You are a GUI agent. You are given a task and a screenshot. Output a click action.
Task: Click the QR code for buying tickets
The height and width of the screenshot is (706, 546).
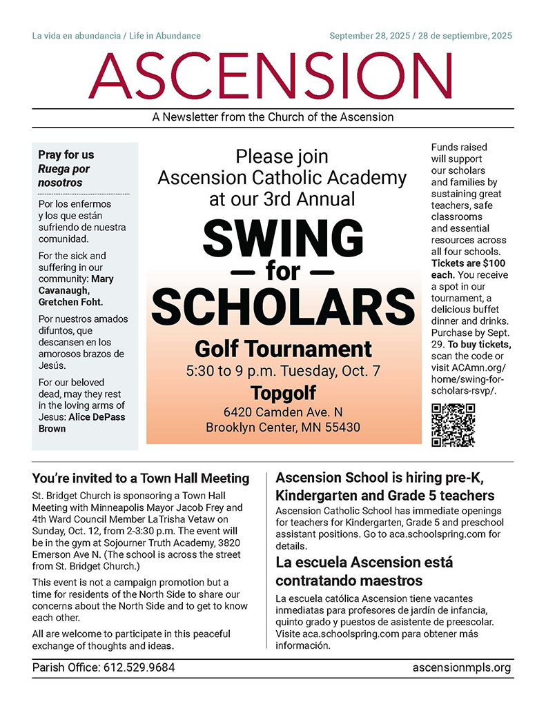coord(453,425)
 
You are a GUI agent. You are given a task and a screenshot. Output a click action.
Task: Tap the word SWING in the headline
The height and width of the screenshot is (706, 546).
coord(283,236)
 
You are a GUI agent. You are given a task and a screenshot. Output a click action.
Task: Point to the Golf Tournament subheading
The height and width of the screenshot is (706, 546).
coord(283,347)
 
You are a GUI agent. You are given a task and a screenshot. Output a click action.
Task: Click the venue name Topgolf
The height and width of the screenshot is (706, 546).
coord(283,392)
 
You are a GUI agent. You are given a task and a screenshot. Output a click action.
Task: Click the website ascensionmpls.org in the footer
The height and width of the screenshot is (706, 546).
coord(461,667)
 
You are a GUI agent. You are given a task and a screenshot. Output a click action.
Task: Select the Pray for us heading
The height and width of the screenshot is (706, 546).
coord(66,155)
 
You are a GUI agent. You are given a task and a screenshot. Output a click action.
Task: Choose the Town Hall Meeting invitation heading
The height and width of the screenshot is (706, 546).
coord(141,478)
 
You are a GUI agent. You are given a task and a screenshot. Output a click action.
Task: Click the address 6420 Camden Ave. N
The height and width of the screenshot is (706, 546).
coord(283,412)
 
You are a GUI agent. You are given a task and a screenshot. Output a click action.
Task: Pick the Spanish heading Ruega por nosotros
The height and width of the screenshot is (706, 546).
coord(64,176)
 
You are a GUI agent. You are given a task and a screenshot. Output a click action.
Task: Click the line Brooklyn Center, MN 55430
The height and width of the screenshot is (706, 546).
coord(283,427)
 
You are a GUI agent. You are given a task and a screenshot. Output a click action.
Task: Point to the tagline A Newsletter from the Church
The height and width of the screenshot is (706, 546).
coord(273,117)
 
